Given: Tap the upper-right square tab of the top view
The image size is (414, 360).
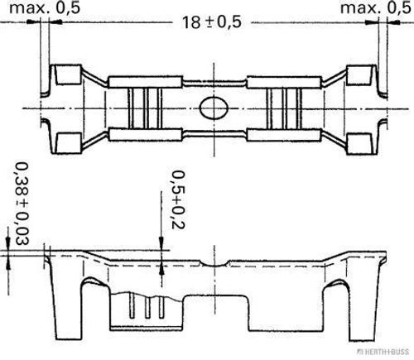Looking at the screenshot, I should coord(358,74).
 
